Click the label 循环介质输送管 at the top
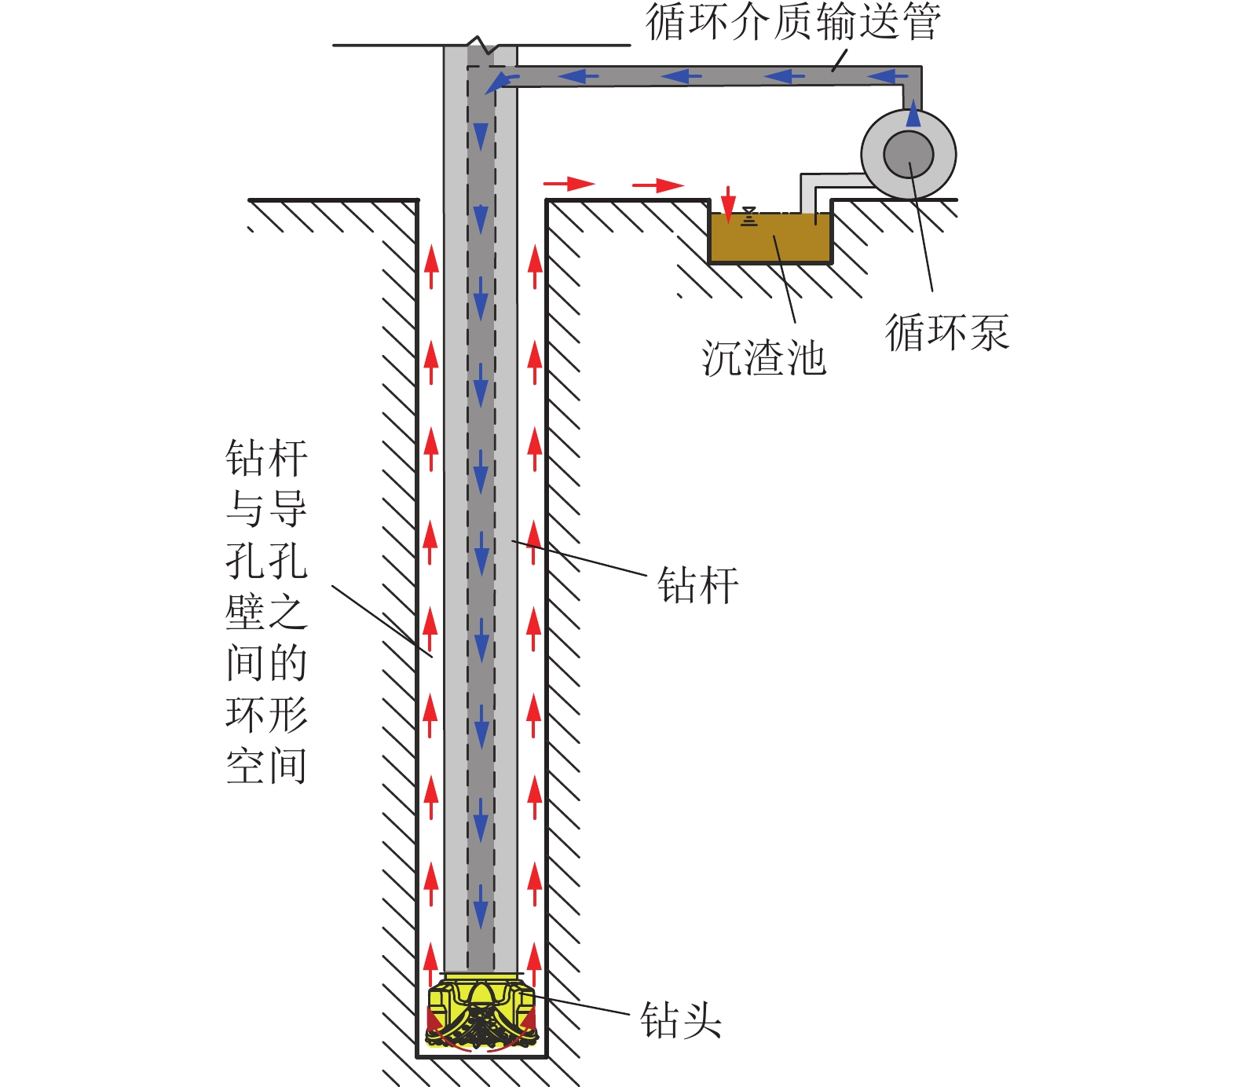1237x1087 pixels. (792, 21)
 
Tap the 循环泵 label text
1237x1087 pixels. (946, 332)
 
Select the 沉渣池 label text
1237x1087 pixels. (763, 359)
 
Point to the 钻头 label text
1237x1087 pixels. (680, 1020)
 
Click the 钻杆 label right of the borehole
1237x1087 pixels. (697, 585)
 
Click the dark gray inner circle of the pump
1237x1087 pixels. (909, 154)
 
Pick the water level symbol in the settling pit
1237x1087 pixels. (749, 217)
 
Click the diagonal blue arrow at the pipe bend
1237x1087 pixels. (500, 82)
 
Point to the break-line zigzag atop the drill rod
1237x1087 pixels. (481, 45)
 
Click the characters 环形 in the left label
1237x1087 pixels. (266, 715)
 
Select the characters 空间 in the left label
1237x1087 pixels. (266, 767)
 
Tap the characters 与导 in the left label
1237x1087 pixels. (266, 509)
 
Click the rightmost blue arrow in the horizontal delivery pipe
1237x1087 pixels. (888, 76)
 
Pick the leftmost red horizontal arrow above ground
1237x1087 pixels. (569, 184)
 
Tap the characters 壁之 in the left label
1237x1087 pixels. (266, 612)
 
